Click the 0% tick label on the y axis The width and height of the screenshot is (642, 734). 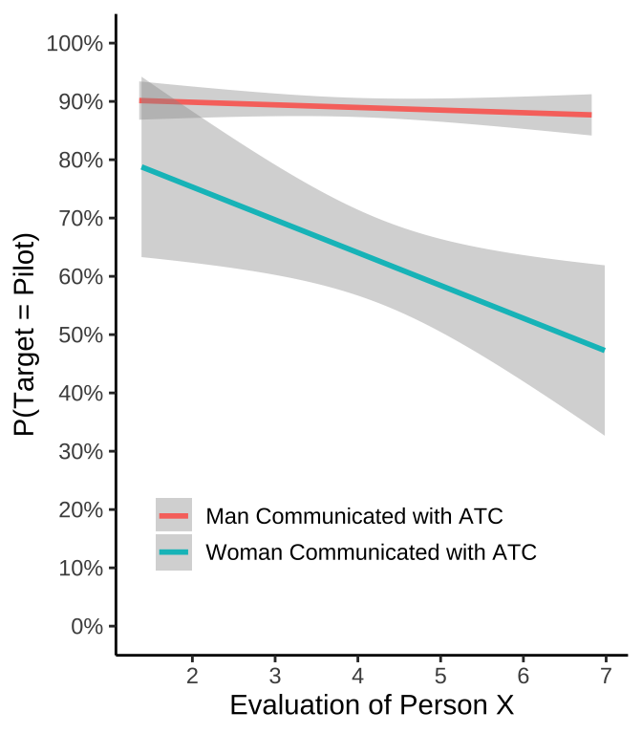tap(83, 627)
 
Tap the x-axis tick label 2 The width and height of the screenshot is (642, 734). tap(192, 676)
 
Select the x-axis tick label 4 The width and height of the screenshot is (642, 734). tap(357, 676)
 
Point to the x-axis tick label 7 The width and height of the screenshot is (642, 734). tap(606, 676)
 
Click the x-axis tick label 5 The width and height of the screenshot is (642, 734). tap(440, 676)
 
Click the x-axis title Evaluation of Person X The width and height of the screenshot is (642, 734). tap(372, 706)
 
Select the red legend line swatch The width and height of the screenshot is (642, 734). tap(174, 516)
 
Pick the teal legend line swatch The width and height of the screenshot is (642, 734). tap(174, 552)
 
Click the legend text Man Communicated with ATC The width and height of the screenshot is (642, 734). tap(354, 516)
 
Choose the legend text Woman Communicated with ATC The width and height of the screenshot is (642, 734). tap(372, 552)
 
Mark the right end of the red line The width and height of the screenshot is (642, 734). tap(591, 115)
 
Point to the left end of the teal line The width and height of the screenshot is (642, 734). tap(141, 167)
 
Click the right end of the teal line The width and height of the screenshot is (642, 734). tap(605, 350)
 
